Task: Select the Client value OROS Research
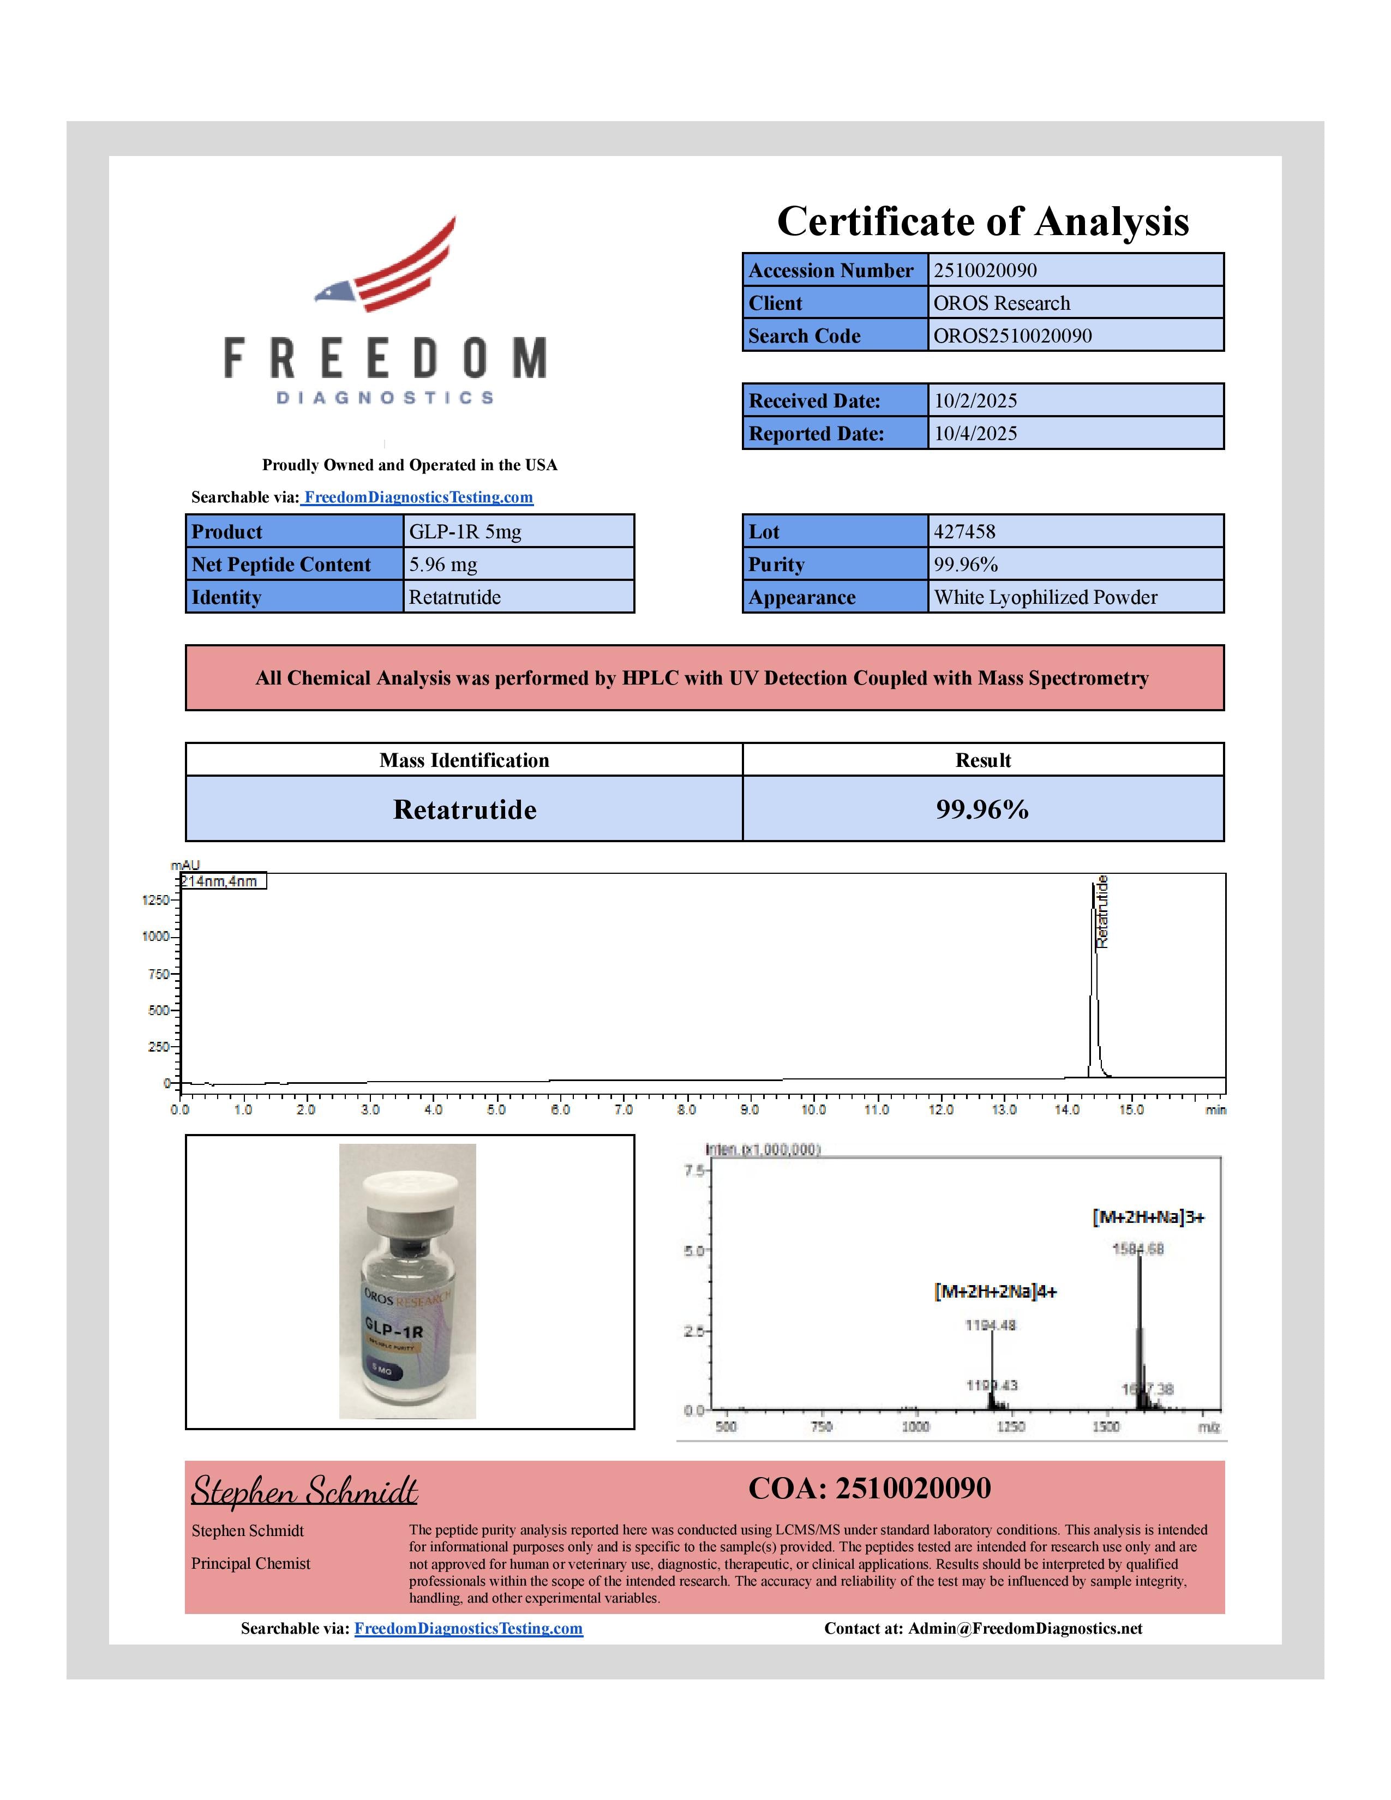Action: [x=1001, y=303]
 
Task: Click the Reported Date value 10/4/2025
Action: [x=976, y=434]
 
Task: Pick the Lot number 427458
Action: [x=964, y=532]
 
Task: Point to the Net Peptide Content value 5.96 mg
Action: [x=443, y=565]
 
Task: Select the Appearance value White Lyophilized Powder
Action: [x=1045, y=597]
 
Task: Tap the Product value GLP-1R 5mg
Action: [x=465, y=532]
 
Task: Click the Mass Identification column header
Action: [x=464, y=760]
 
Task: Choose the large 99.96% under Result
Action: [x=982, y=809]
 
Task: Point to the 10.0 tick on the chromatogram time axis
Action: [x=813, y=1109]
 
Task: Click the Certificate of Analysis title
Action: [x=982, y=221]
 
